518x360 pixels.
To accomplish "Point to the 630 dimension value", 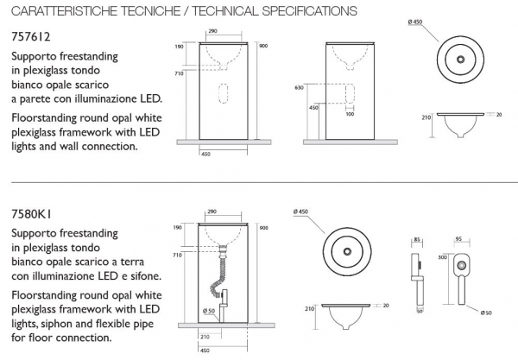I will click(x=300, y=87).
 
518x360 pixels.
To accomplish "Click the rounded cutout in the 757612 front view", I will click(x=224, y=93).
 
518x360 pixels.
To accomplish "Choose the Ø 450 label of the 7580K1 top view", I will click(x=301, y=212).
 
